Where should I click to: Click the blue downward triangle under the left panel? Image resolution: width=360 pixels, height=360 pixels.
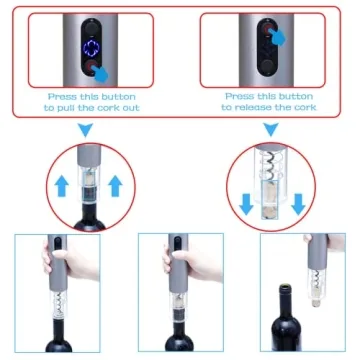pyautogui.click(x=85, y=130)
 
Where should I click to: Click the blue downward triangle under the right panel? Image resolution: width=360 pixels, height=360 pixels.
pyautogui.click(x=267, y=130)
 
